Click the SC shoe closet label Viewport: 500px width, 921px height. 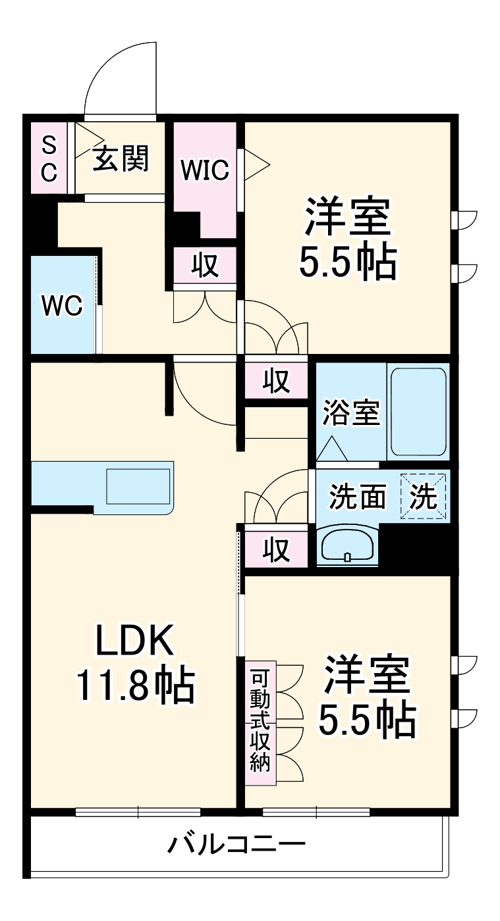point(49,159)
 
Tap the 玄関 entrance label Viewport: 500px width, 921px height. point(121,159)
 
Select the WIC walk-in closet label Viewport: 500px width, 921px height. point(205,170)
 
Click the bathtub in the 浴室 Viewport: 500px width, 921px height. point(418,411)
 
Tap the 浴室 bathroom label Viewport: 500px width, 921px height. point(350,413)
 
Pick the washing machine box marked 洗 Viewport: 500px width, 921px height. point(424,497)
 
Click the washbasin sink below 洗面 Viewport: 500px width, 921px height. point(347,545)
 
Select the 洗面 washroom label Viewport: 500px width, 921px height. point(358,497)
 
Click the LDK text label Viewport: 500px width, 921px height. point(135,640)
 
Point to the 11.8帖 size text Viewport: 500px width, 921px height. point(135,686)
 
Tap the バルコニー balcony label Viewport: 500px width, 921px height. point(235,844)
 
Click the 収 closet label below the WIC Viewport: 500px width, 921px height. point(205,265)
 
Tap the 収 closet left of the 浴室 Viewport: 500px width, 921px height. point(277,381)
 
